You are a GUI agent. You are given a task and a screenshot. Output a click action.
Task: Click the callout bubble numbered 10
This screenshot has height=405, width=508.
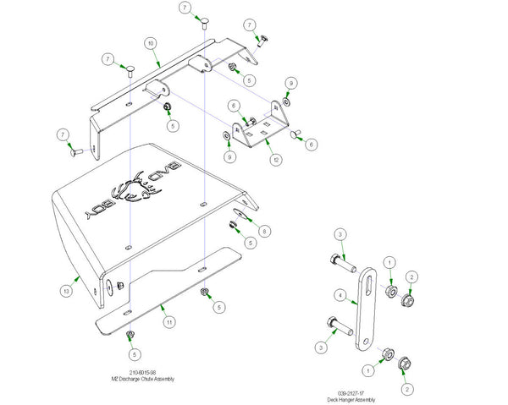150,42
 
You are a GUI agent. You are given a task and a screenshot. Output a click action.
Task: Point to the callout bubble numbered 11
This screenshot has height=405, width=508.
169,321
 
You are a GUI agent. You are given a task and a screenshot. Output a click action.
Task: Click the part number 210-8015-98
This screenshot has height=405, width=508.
144,371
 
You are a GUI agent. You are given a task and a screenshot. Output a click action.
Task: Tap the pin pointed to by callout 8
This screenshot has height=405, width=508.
240,214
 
